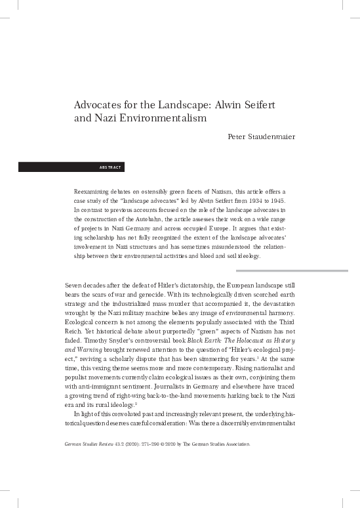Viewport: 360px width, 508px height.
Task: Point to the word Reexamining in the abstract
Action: coord(94,190)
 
